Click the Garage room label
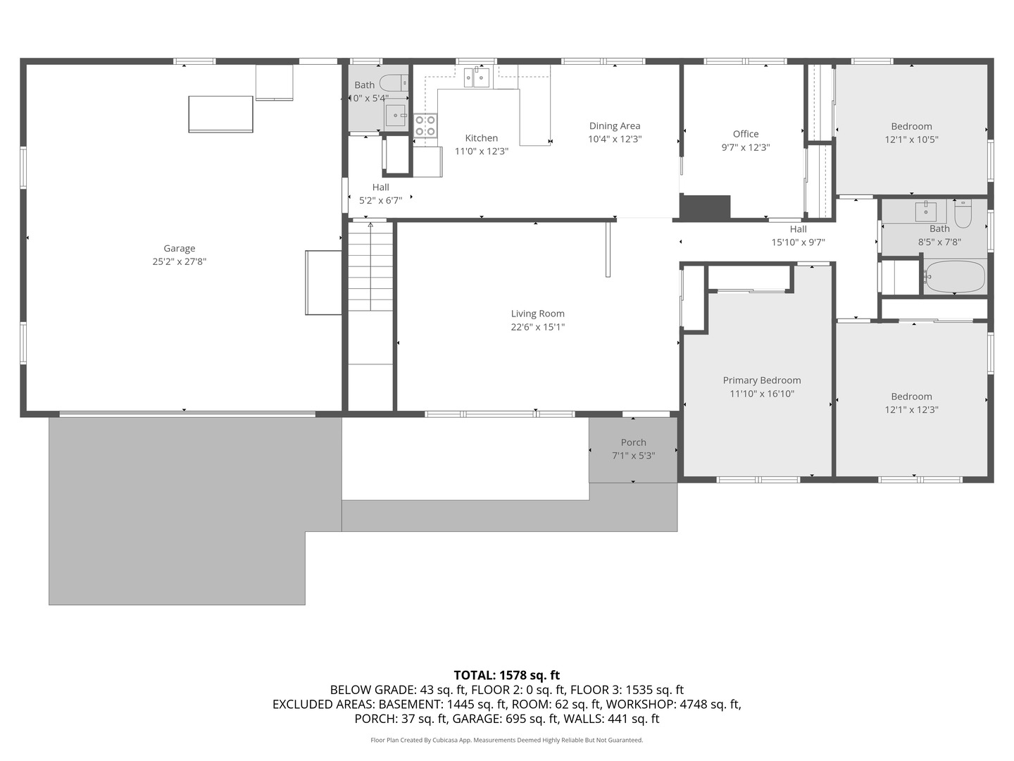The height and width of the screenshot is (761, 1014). click(x=179, y=248)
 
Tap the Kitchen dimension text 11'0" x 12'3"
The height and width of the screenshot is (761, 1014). click(x=481, y=151)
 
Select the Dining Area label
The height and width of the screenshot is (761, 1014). click(x=614, y=126)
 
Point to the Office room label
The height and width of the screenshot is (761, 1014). click(x=745, y=134)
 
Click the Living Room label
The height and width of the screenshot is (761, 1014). click(x=537, y=314)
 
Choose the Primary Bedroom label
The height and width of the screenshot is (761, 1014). click(x=761, y=380)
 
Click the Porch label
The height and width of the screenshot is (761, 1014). click(x=633, y=443)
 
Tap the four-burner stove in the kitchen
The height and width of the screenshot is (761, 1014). click(x=425, y=125)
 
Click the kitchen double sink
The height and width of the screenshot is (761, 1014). click(x=477, y=78)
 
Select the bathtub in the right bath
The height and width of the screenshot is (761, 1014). click(x=954, y=277)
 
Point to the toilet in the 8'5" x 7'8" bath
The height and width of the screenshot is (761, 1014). click(x=963, y=213)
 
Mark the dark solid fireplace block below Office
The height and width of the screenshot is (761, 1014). click(x=705, y=206)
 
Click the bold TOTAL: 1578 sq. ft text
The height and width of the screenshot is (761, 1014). click(x=506, y=675)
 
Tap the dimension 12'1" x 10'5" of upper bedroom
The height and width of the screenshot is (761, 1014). click(x=911, y=140)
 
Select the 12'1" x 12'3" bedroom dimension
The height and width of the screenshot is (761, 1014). click(x=911, y=410)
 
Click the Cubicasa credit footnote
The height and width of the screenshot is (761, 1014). click(x=506, y=740)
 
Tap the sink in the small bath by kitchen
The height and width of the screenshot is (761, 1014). click(x=396, y=114)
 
